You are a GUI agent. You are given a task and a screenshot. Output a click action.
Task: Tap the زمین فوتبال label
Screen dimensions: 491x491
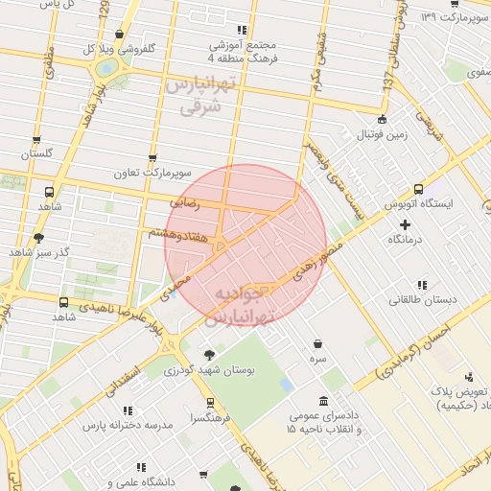[384, 134]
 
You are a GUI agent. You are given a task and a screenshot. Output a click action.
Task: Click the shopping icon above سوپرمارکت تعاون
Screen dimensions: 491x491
[152, 158]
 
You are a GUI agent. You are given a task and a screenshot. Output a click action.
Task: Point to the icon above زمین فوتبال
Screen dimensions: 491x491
[383, 120]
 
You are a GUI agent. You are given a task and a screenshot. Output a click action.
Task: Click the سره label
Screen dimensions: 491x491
[317, 358]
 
